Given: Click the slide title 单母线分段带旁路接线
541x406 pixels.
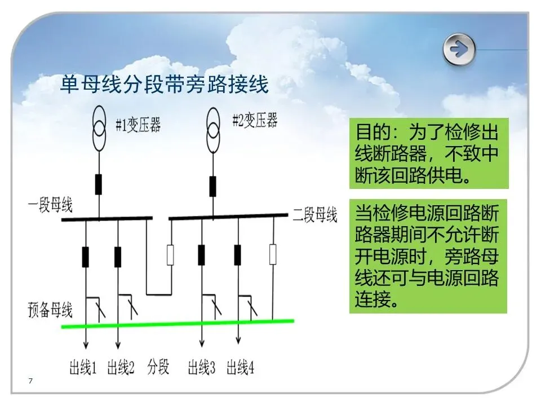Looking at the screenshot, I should tap(165, 85).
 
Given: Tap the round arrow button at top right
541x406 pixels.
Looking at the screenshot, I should tap(459, 50).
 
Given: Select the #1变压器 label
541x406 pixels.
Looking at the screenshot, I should tap(138, 125).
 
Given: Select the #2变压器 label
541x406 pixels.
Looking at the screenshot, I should tap(255, 120).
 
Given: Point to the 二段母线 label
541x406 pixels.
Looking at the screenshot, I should tap(314, 215).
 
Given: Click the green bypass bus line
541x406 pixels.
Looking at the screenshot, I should tap(178, 324).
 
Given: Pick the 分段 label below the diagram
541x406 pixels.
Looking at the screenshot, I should tap(158, 368).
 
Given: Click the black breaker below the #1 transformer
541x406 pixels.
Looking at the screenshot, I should tap(99, 184).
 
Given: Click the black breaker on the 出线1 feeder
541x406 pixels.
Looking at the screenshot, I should tap(86, 256).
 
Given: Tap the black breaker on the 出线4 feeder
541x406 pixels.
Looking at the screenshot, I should tap(238, 255).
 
